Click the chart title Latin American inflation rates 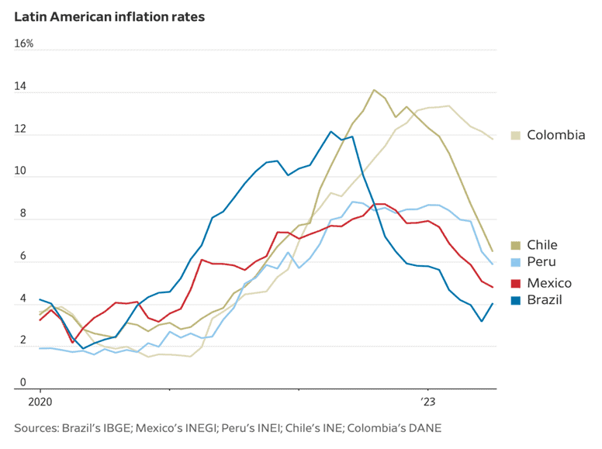pos(109,16)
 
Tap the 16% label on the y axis pos(24,43)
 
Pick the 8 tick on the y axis pos(22,214)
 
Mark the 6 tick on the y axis pos(22,256)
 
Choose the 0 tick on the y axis pos(22,382)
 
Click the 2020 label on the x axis pos(40,402)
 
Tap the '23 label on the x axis pos(428,402)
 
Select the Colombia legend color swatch pos(516,136)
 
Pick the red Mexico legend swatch pos(516,283)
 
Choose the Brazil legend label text pos(545,300)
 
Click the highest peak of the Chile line pos(374,90)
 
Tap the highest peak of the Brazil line pos(330,132)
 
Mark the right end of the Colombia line pos(492,139)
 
